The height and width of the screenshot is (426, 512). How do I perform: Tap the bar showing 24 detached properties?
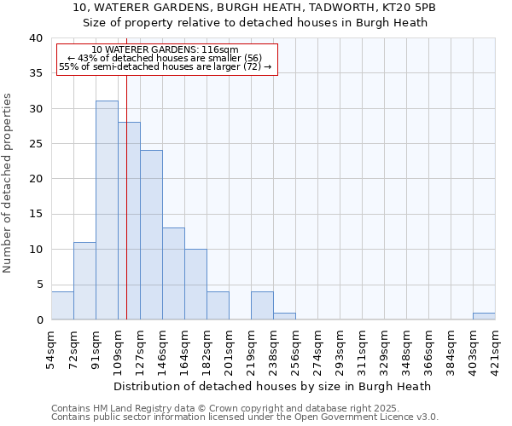coord(151,235)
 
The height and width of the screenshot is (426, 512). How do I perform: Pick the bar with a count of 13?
coord(173,273)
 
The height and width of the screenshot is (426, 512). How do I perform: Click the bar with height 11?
coord(84,281)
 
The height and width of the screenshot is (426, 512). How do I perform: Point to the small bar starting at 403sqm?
coord(484,316)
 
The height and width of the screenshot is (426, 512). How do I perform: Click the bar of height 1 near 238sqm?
coord(284,316)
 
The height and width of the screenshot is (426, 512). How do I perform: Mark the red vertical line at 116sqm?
coord(126,196)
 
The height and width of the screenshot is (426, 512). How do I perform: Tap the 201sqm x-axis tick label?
coord(230,348)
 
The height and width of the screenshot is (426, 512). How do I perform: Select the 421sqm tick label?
coord(496,348)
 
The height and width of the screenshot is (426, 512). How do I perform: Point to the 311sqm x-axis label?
coord(363,348)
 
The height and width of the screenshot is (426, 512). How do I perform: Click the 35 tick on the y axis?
coord(35,74)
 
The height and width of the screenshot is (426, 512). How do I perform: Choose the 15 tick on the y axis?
coord(35,215)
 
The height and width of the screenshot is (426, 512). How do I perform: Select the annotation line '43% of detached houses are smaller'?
coord(165,58)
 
